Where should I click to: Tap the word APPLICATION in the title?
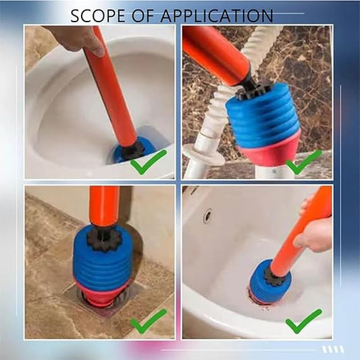tap(217, 16)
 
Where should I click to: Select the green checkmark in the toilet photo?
tap(149, 161)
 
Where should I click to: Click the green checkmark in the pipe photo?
tap(303, 161)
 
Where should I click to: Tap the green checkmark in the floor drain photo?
tap(149, 321)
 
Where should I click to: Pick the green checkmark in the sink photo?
tap(303, 321)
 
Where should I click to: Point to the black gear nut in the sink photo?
tap(275, 278)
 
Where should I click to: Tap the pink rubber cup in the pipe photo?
tap(269, 149)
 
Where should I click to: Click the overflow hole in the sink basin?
tap(208, 216)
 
